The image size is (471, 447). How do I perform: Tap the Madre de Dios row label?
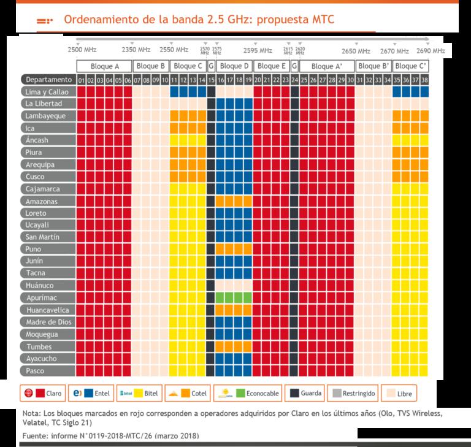point(48,322)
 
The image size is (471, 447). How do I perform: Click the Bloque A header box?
point(104,66)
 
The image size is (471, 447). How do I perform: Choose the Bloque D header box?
point(234,66)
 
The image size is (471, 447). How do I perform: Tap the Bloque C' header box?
point(410,66)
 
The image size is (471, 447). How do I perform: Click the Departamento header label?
point(48,79)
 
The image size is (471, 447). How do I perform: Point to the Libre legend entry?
point(399,393)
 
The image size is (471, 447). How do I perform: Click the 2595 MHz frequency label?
point(258,50)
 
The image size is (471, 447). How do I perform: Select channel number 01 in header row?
point(81,80)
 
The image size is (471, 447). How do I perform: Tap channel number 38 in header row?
point(424,80)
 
